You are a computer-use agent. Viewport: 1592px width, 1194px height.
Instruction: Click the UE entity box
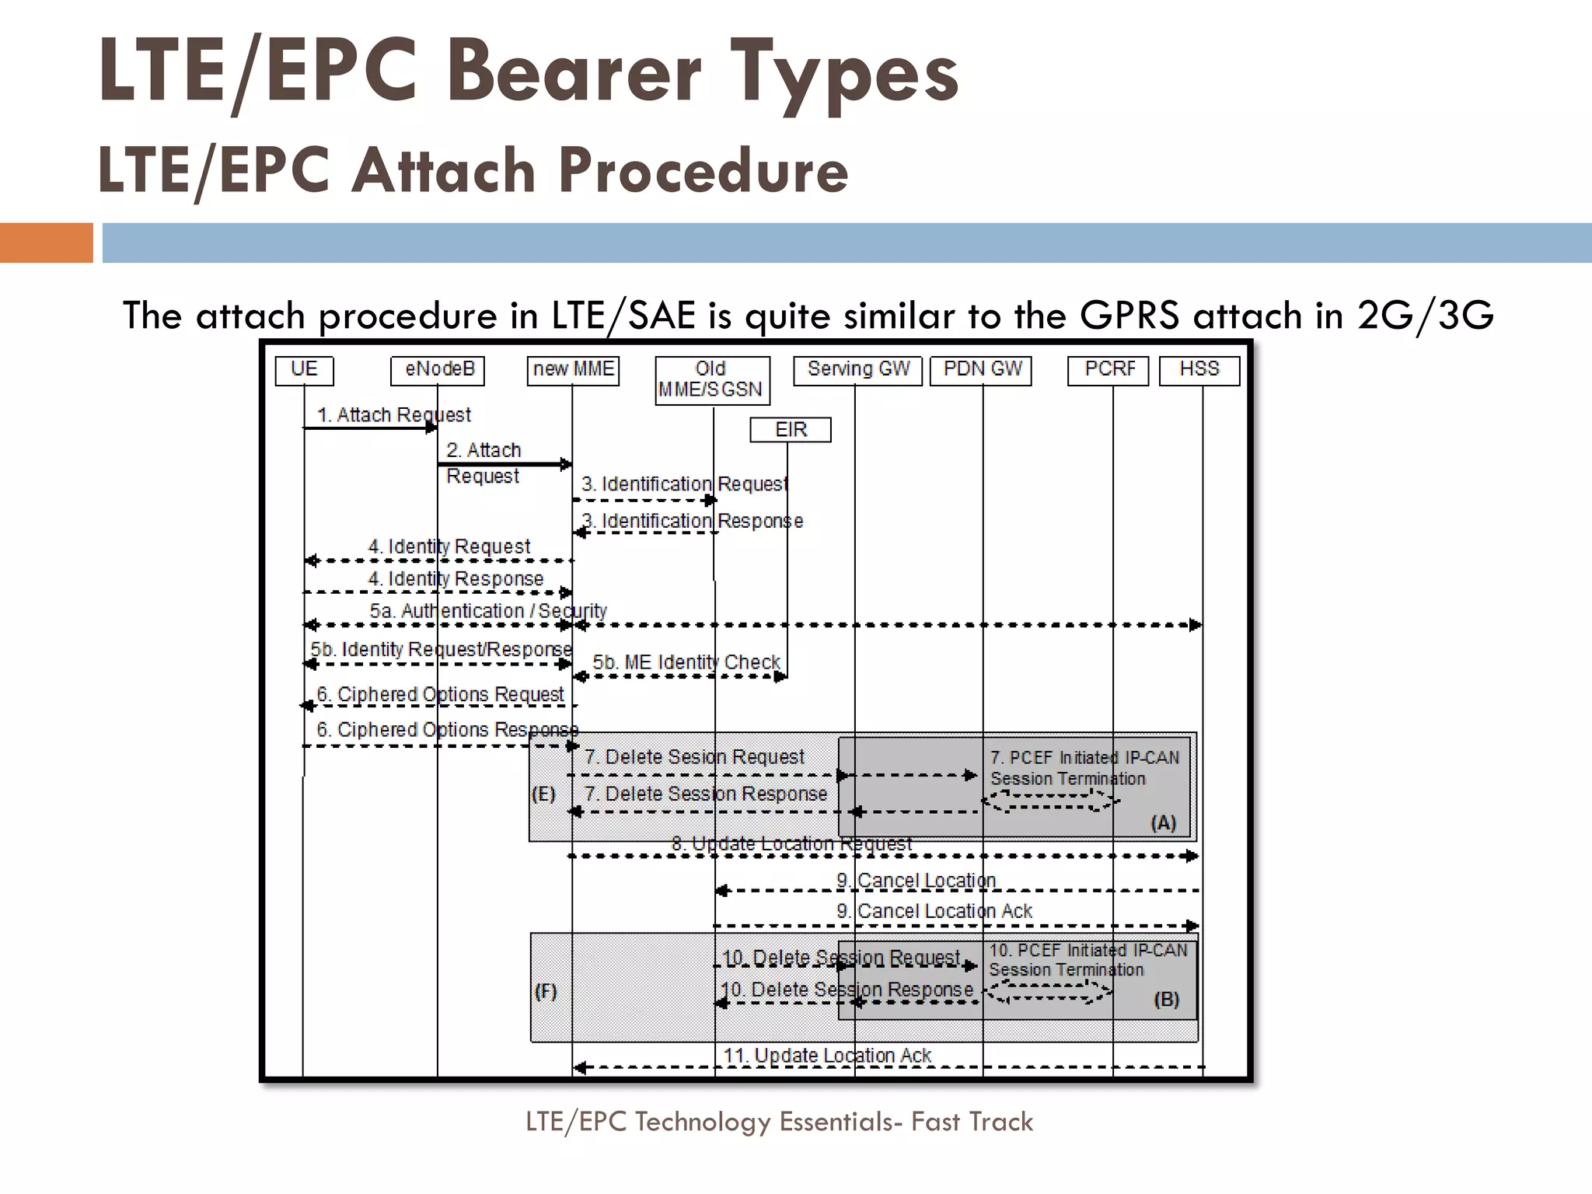pyautogui.click(x=304, y=370)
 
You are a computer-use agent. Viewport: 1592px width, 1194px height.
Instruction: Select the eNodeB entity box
pyautogui.click(x=438, y=370)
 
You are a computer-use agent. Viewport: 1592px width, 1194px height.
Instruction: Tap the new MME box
pyautogui.click(x=574, y=370)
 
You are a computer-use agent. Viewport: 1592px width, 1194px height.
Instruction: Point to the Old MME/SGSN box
pyautogui.click(x=712, y=380)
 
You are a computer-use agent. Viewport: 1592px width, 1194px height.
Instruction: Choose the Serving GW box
pyautogui.click(x=857, y=370)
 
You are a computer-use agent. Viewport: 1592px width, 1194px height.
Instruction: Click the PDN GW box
pyautogui.click(x=983, y=370)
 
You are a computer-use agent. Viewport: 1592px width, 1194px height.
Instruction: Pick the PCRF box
pyautogui.click(x=1108, y=370)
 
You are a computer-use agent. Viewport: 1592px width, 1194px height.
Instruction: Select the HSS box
pyautogui.click(x=1199, y=370)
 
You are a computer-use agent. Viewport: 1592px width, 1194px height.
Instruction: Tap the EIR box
pyautogui.click(x=791, y=430)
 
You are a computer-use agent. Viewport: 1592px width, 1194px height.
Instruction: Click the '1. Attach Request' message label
pyautogui.click(x=394, y=415)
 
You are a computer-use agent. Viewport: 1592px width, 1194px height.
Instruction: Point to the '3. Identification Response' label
pyautogui.click(x=692, y=521)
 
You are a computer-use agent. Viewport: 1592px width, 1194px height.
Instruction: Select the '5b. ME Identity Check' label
pyautogui.click(x=686, y=662)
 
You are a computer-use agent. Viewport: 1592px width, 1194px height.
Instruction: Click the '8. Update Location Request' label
pyautogui.click(x=791, y=843)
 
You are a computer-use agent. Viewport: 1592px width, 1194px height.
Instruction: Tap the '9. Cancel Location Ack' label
pyautogui.click(x=934, y=911)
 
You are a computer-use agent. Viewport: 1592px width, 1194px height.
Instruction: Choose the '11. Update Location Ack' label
pyautogui.click(x=827, y=1056)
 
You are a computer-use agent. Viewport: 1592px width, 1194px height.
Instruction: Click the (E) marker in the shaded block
pyautogui.click(x=543, y=794)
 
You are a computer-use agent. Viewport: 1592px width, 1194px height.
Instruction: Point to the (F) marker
pyautogui.click(x=546, y=992)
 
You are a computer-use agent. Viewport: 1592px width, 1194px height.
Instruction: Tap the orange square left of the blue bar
pyautogui.click(x=46, y=243)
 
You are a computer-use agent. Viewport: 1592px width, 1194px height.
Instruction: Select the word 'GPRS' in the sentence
pyautogui.click(x=1129, y=316)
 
